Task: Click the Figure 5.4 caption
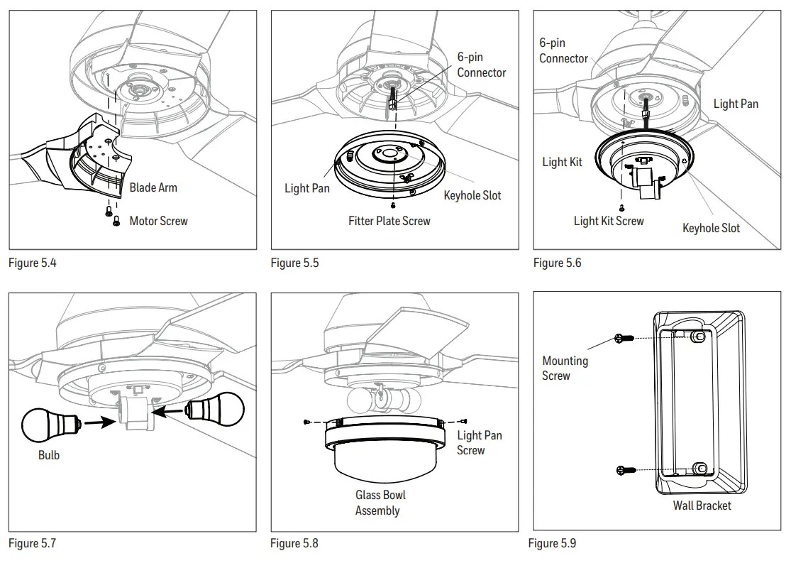[32, 263]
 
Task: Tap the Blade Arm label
[153, 188]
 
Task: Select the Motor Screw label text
[158, 222]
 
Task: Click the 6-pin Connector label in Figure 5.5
[481, 65]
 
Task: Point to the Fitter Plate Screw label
[389, 222]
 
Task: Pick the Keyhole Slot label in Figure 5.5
[472, 196]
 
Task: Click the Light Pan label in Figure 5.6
[735, 104]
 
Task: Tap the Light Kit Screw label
[608, 222]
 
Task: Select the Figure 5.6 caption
[557, 263]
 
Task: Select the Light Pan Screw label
[479, 443]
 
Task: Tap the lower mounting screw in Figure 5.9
[624, 469]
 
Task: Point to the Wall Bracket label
[702, 506]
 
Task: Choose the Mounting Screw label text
[565, 368]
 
